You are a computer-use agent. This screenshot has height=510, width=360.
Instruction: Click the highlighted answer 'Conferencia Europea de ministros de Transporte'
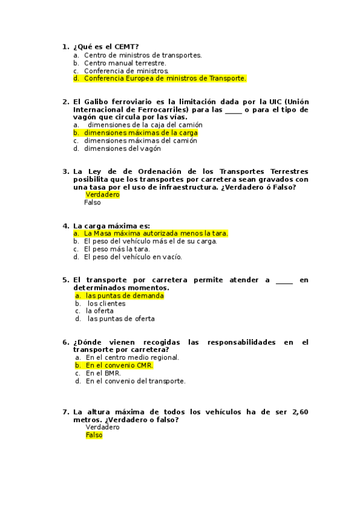[165, 78]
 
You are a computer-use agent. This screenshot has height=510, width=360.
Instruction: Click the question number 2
[66, 102]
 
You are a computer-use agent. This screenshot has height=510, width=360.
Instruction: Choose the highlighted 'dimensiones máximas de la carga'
[141, 133]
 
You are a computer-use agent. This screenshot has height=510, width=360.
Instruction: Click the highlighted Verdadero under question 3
[103, 195]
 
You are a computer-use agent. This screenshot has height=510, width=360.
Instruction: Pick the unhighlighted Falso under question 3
[93, 203]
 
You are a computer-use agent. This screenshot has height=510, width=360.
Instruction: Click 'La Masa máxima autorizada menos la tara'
[156, 233]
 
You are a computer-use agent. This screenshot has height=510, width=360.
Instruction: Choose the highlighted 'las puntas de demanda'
[124, 296]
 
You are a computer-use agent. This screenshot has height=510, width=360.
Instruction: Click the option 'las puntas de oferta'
[121, 319]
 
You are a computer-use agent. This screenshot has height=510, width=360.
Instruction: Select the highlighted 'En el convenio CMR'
[119, 365]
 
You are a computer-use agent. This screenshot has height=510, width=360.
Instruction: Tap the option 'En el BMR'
[103, 373]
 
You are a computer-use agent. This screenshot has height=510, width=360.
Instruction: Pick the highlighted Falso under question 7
[94, 435]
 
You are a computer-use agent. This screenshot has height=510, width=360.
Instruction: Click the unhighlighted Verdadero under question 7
[103, 427]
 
